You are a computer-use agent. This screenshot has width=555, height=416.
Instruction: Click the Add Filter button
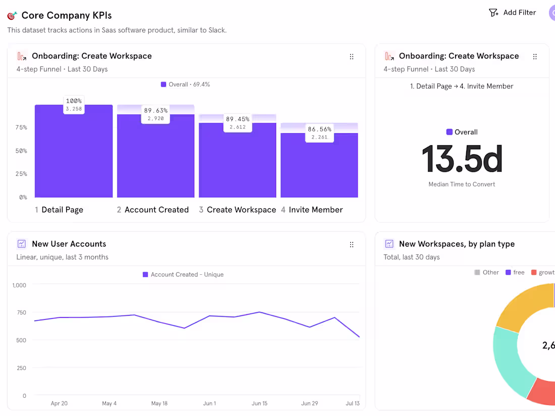click(x=513, y=13)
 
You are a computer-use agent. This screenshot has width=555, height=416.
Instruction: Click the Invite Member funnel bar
click(x=319, y=166)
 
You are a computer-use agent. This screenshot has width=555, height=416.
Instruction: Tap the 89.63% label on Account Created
click(x=155, y=110)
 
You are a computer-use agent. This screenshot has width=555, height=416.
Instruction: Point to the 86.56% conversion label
click(x=319, y=129)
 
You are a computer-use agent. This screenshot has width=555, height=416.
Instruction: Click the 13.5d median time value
click(x=462, y=159)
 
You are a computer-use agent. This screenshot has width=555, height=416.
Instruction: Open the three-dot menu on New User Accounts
click(x=352, y=245)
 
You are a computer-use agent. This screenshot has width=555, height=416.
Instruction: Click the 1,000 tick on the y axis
click(x=19, y=285)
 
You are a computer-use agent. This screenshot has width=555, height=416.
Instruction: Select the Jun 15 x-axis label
click(x=259, y=403)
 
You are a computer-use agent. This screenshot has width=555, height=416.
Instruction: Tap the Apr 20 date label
click(x=59, y=403)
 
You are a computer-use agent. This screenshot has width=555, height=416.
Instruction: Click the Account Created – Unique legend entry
click(x=183, y=275)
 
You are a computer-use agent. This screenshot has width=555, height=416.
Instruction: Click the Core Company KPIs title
click(x=66, y=15)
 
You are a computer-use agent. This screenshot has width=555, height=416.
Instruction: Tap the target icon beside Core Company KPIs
click(x=12, y=16)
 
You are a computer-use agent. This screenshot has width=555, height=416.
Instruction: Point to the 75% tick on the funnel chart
click(x=21, y=128)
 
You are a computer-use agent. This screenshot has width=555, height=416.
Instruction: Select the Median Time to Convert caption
click(x=462, y=185)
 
